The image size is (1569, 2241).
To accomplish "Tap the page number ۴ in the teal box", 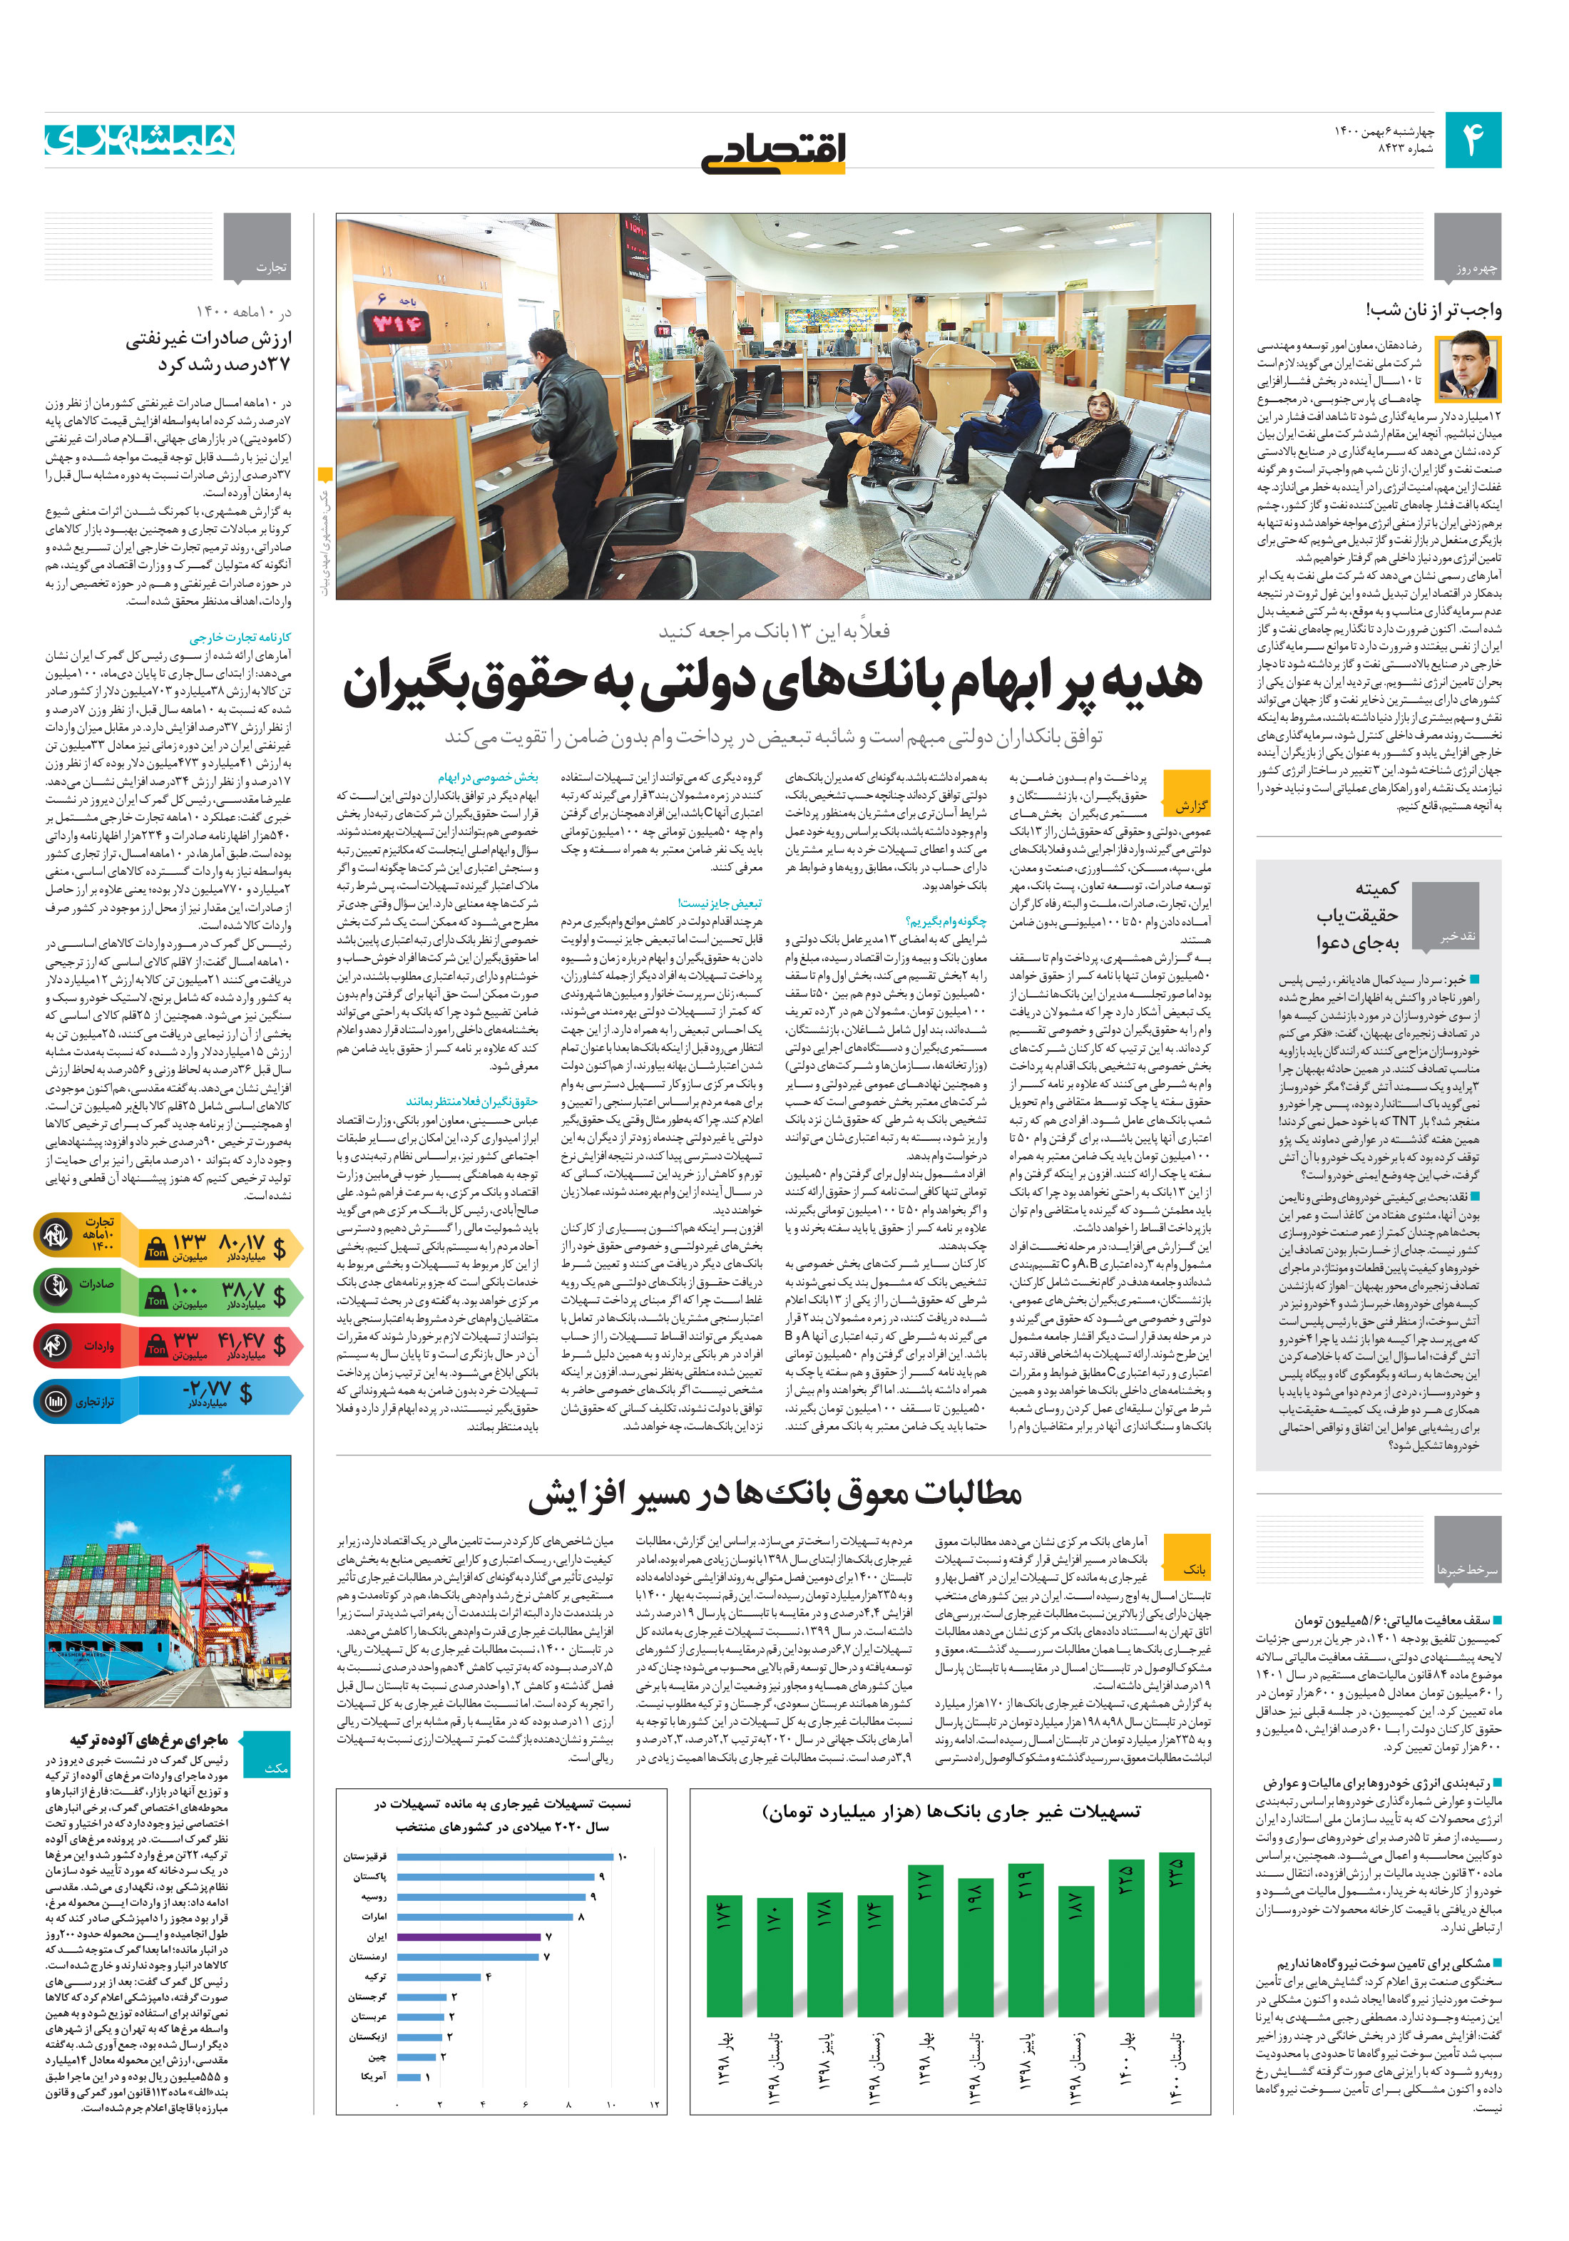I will pyautogui.click(x=1472, y=140).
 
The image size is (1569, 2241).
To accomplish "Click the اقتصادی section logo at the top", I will pyautogui.click(x=773, y=153).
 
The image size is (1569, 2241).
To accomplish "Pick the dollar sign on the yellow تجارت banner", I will pyautogui.click(x=280, y=1247).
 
